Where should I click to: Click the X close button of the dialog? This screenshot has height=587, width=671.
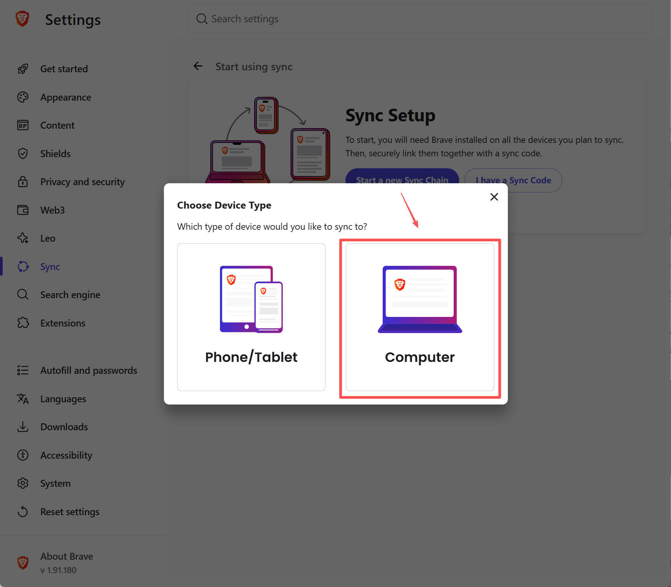click(x=494, y=197)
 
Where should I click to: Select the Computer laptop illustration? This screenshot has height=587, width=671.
click(x=420, y=299)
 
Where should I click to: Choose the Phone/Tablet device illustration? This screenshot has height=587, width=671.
click(x=251, y=299)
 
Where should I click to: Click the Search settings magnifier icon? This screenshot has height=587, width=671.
click(x=202, y=19)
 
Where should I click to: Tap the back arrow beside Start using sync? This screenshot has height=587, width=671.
click(x=198, y=66)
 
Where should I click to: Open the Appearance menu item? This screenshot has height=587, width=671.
click(x=66, y=97)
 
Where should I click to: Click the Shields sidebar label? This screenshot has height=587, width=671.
click(x=55, y=154)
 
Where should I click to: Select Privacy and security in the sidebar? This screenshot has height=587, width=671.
click(x=83, y=182)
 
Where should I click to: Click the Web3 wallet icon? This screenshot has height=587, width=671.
click(x=23, y=210)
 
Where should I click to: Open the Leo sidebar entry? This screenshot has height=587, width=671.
click(x=48, y=238)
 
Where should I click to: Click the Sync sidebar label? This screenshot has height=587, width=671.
click(x=50, y=267)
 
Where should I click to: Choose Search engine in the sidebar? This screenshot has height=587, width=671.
click(x=70, y=295)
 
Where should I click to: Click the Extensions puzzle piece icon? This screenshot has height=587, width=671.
click(x=23, y=323)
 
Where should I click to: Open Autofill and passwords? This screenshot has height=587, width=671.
click(x=89, y=370)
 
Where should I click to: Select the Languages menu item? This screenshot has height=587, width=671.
click(x=63, y=399)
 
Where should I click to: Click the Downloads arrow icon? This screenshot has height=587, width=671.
click(x=23, y=427)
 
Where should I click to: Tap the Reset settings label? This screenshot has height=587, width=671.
click(x=70, y=512)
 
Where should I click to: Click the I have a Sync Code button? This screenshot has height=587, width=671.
click(x=513, y=180)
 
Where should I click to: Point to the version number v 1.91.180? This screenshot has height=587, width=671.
click(x=58, y=570)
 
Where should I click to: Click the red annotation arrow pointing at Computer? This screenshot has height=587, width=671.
click(x=410, y=210)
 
